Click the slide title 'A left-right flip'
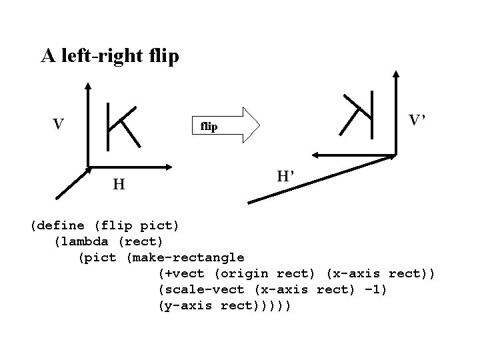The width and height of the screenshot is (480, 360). [x=110, y=56]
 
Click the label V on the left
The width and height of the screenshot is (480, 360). [x=59, y=124]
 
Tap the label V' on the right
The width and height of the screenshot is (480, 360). [x=418, y=121]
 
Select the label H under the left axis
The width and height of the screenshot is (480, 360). [x=118, y=183]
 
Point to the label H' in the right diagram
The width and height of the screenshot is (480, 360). [x=285, y=177]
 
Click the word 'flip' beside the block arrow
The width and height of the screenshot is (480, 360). [x=209, y=126]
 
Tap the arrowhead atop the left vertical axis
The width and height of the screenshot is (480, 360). [x=88, y=85]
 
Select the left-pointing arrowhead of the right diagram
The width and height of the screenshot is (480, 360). [x=315, y=155]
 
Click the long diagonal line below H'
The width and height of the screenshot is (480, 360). [x=320, y=179]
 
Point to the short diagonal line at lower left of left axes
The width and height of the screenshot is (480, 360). [x=72, y=183]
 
